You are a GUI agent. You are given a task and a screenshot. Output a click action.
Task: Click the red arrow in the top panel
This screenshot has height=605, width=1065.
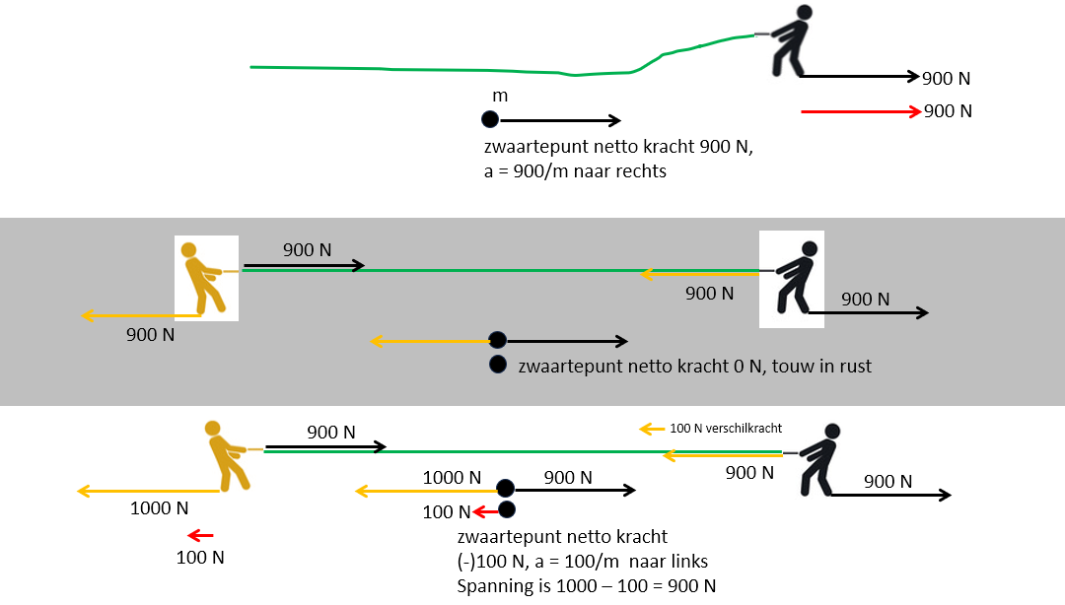point(860,112)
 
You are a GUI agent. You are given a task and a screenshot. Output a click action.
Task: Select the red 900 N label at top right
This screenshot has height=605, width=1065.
point(948,111)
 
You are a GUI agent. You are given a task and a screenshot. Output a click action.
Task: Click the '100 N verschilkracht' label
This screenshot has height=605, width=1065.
point(726,429)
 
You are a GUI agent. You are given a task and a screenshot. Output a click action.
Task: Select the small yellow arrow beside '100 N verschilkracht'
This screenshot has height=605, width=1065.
point(652,429)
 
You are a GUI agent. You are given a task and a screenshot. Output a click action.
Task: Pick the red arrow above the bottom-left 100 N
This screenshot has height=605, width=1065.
point(201,535)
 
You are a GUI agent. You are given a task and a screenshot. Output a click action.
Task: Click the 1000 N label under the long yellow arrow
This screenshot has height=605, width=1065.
point(159,508)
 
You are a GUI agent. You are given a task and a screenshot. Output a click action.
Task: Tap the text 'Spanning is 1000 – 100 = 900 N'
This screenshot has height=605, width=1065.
point(588,586)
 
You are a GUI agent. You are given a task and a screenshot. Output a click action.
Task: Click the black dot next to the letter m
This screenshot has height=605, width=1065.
point(489,120)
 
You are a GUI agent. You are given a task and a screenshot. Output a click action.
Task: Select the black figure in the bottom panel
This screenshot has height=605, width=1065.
point(817,460)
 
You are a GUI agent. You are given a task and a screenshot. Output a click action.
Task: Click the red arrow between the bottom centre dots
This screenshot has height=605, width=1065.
point(485,510)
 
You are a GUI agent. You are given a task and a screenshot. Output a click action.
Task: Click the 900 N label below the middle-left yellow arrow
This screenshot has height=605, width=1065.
point(151,335)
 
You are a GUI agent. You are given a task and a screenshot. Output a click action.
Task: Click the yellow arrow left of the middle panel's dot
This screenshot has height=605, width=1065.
point(430,341)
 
